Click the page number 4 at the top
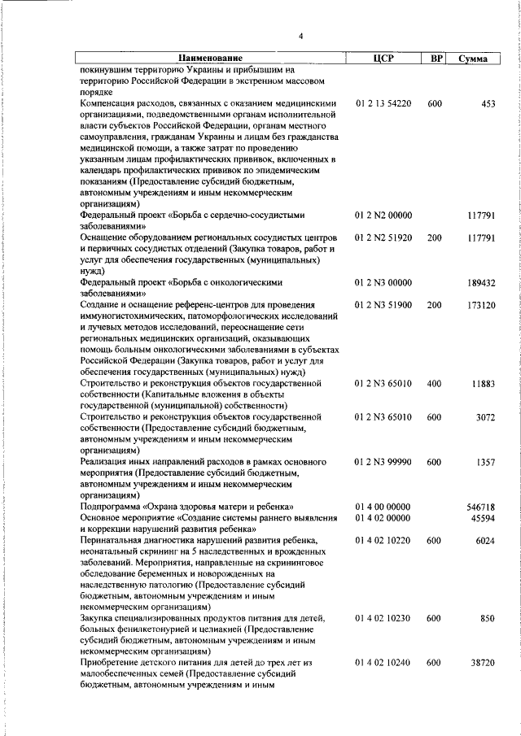pos(300,37)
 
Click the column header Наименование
pos(211,59)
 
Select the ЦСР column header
pos(383,59)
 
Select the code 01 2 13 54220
pos(383,104)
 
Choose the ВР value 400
pos(435,384)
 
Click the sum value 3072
pos(486,417)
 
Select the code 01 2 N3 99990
pos(383,462)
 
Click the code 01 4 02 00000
pos(383,517)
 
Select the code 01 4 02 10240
pos(383,664)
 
